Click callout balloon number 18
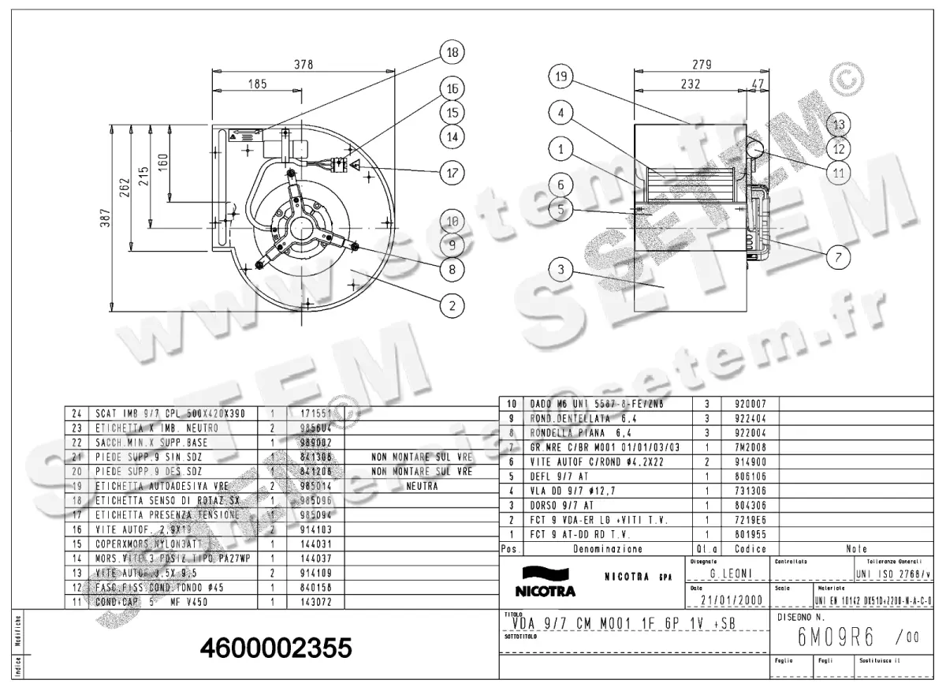click(x=452, y=53)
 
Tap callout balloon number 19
click(x=561, y=77)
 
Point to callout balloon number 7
click(x=837, y=256)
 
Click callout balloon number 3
click(x=561, y=270)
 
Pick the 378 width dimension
click(x=304, y=65)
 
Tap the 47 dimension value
click(x=758, y=83)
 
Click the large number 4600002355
click(x=275, y=648)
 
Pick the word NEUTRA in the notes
click(x=421, y=486)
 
